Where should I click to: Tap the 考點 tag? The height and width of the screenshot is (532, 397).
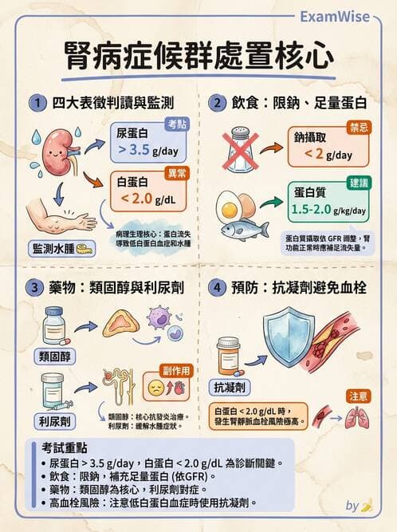pyautogui.click(x=177, y=124)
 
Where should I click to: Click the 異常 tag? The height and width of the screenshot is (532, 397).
pyautogui.click(x=177, y=172)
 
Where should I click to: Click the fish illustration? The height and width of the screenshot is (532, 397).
pyautogui.click(x=244, y=230)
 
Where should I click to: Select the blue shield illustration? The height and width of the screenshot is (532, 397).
pyautogui.click(x=288, y=333)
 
